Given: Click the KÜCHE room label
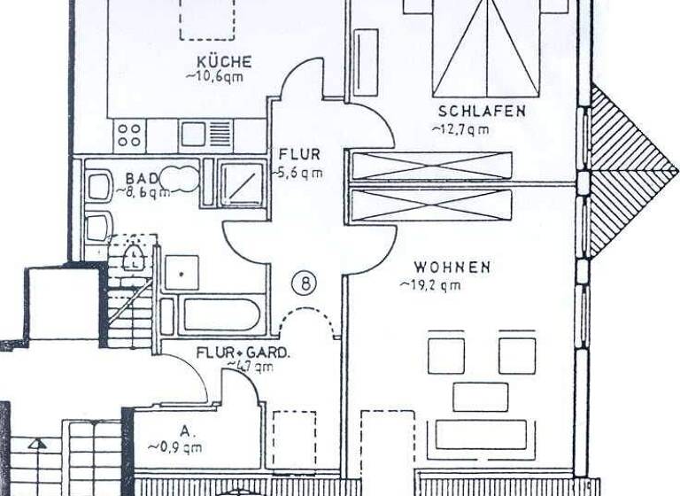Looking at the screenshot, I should (225, 62).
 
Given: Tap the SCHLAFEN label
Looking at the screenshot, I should (483, 112).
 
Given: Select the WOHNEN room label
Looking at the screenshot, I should (451, 267).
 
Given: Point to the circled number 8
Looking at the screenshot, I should (303, 283).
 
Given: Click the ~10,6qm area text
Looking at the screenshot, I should (214, 77).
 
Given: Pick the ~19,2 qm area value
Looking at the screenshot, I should (429, 285).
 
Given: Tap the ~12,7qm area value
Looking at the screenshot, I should (460, 129).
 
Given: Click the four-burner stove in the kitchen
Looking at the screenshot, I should (129, 135).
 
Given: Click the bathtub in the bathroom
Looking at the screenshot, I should (218, 315).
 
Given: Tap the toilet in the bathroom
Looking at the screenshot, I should (133, 258).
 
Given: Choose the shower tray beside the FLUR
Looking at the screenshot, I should (241, 183).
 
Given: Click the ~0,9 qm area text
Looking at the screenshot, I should (175, 446).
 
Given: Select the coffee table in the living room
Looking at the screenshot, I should (480, 397).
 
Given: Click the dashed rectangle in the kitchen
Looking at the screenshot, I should (207, 18).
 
